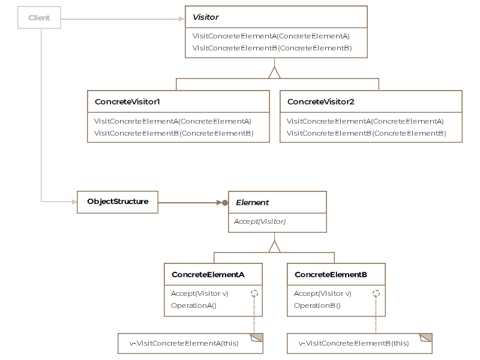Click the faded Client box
[40, 18]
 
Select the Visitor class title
[206, 17]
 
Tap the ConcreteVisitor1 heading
[127, 102]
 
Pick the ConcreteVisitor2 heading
[321, 102]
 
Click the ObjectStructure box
[118, 202]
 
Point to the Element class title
[252, 203]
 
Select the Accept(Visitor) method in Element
[260, 221]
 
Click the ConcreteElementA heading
[208, 274]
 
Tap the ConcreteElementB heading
[331, 274]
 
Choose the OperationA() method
[193, 305]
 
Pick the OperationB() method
[317, 305]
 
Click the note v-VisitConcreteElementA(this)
[184, 344]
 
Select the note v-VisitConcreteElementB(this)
[354, 344]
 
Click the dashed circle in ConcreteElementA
[254, 294]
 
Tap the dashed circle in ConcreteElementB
[376, 294]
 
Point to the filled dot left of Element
[225, 203]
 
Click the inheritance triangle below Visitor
[274, 73]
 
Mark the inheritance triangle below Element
[274, 247]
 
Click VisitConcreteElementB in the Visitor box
[272, 47]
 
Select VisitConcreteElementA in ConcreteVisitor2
[365, 121]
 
